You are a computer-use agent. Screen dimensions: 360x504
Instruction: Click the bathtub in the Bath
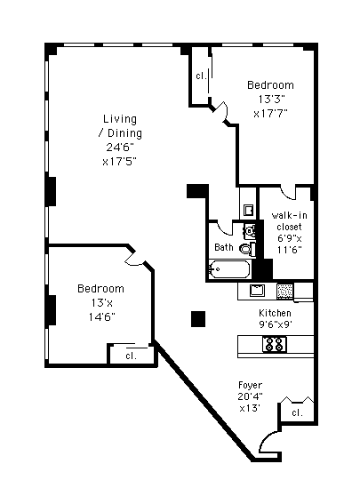tap(229, 269)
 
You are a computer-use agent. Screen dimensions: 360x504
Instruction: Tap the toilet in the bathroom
tap(247, 249)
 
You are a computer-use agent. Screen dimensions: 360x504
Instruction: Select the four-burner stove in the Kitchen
tap(275, 344)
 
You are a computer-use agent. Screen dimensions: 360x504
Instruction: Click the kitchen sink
tap(257, 291)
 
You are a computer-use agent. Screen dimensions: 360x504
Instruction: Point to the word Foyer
tap(250, 385)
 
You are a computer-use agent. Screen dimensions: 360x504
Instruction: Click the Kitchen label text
tap(276, 313)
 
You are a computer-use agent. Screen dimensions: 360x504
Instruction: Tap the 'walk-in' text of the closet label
tap(289, 215)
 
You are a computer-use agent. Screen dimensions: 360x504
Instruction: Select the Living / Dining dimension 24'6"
tap(120, 148)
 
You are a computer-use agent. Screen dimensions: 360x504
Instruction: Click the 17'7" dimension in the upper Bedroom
tap(270, 114)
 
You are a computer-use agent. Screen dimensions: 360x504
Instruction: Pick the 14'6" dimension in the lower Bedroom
tap(102, 317)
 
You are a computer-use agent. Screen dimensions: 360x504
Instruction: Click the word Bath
tap(224, 247)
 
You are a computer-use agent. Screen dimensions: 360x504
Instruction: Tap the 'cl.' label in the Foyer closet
tap(297, 412)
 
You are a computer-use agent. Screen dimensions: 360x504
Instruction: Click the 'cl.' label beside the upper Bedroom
tap(202, 76)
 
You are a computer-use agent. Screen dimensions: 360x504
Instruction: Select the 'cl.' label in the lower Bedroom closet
tap(132, 356)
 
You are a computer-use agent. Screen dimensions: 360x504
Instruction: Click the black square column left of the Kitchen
tap(198, 319)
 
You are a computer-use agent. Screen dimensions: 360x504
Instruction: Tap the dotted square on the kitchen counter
tap(284, 292)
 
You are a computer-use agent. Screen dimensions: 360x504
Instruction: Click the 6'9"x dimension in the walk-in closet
tap(289, 238)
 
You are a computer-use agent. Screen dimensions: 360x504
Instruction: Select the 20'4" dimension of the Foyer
tap(250, 396)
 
